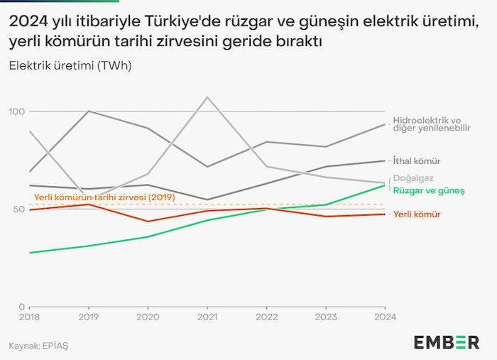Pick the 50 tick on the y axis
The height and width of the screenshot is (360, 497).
pyautogui.click(x=18, y=209)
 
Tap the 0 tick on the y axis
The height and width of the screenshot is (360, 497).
pyautogui.click(x=22, y=306)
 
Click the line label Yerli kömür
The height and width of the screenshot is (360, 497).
pyautogui.click(x=417, y=214)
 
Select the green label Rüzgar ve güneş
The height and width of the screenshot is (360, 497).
pyautogui.click(x=429, y=191)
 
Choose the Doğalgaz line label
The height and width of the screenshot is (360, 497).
pyautogui.click(x=413, y=178)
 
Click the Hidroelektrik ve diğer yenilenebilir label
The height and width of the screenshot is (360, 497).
pyautogui.click(x=432, y=124)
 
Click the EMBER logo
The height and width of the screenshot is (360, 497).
pyautogui.click(x=446, y=342)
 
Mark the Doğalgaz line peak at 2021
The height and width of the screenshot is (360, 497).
pyautogui.click(x=207, y=97)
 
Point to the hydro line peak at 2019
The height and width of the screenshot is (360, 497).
pyautogui.click(x=89, y=111)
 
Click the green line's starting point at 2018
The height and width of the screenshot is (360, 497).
pyautogui.click(x=30, y=253)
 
